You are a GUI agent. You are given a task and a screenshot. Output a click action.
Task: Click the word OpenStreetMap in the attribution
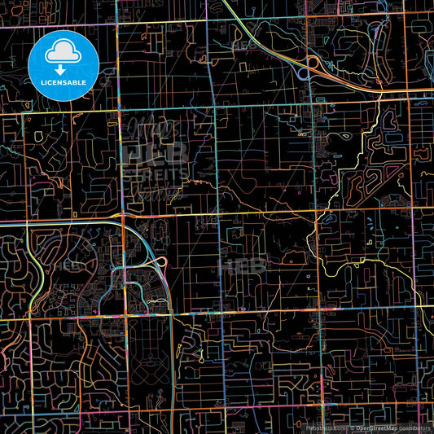point(375,427)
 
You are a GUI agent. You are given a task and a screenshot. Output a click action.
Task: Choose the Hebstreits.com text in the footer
point(325,427)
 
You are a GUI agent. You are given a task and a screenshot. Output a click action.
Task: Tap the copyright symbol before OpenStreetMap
point(351,427)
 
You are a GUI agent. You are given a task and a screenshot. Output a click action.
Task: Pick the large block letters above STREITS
point(156,151)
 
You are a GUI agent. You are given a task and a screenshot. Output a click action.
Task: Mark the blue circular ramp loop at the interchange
point(303,73)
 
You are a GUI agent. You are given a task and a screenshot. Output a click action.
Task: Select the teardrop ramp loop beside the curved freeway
point(160,261)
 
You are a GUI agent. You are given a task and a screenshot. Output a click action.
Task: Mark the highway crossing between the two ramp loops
point(308,68)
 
